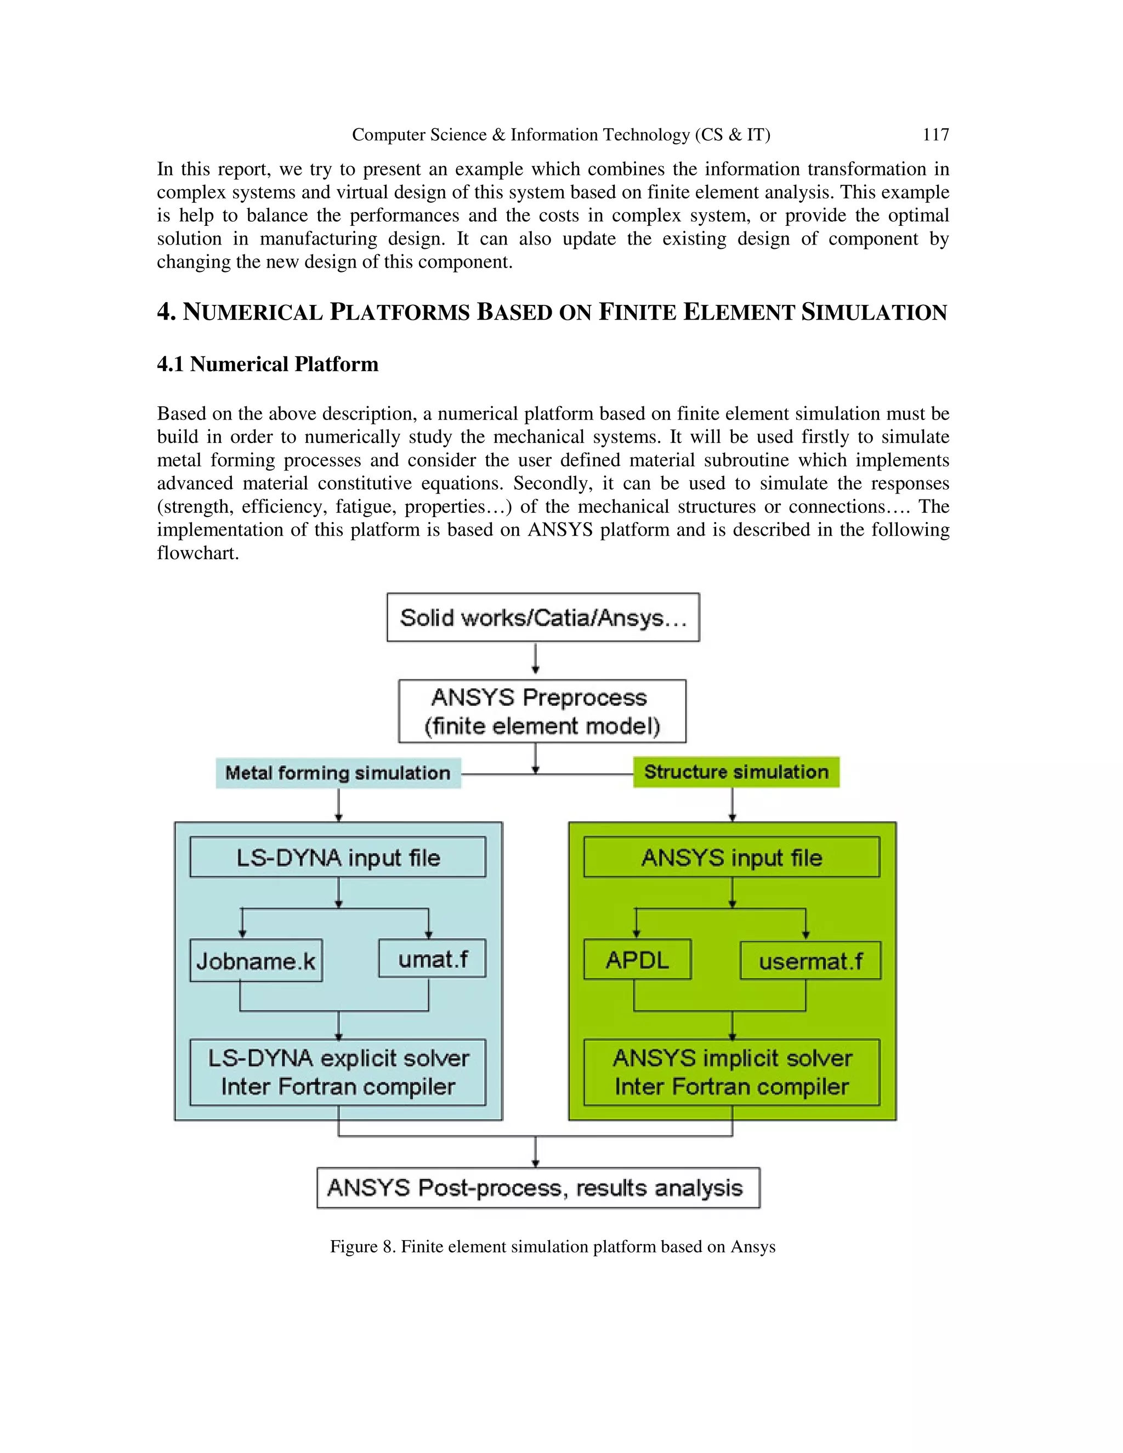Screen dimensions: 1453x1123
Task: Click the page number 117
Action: coord(935,135)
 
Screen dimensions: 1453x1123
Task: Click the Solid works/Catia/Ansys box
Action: coord(543,617)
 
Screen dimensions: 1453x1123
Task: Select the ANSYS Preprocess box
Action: coord(542,711)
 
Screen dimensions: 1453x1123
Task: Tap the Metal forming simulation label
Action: coord(338,773)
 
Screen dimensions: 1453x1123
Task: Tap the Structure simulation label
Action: coord(736,772)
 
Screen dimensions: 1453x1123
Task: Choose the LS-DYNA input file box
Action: coord(338,857)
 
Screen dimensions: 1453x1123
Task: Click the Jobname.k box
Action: coord(256,961)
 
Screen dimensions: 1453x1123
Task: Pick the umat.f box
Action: coord(433,958)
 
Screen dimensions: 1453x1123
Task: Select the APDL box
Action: coord(637,960)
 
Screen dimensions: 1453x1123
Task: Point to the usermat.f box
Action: coord(810,961)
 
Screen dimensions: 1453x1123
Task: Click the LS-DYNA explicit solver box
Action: coord(338,1072)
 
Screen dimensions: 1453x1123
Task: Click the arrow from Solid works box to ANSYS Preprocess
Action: coord(536,659)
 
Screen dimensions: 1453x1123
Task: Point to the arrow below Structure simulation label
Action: coord(732,805)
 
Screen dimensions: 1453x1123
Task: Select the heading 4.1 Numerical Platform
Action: coord(268,364)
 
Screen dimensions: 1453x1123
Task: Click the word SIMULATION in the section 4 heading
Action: coord(874,312)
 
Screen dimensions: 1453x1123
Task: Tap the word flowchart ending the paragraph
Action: coord(197,553)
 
